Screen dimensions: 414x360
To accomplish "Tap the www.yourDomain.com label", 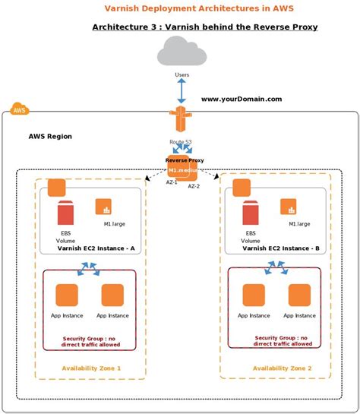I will (x=242, y=99).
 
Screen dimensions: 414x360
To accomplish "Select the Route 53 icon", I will (x=180, y=122).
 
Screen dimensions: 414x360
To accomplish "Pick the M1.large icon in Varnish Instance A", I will (x=104, y=207).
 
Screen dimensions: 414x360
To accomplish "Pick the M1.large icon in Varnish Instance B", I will (x=289, y=207).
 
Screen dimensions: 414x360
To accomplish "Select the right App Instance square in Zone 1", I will (x=112, y=295).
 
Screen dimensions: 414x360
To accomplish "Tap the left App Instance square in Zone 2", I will (x=254, y=295).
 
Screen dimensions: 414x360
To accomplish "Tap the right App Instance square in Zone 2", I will (x=299, y=295).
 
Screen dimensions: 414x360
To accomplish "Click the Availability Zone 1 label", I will (x=91, y=368).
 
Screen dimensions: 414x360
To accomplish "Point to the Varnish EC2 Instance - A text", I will (x=96, y=248).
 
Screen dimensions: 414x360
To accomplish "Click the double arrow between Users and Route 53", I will (x=181, y=90).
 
